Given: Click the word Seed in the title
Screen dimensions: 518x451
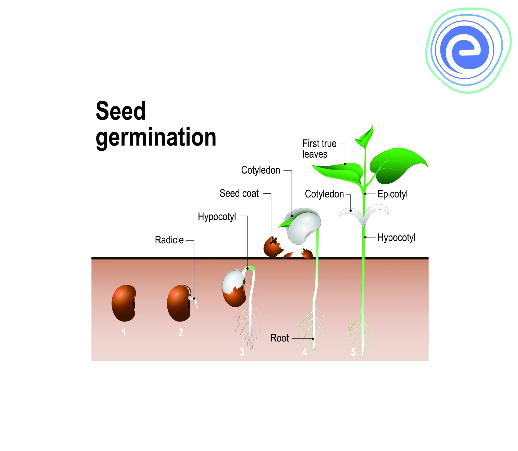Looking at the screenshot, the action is [121, 111].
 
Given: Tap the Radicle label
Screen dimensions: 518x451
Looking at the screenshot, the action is [169, 240].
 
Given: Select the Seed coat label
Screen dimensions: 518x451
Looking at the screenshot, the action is [239, 193].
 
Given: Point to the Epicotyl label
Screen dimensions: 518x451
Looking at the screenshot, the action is [392, 194].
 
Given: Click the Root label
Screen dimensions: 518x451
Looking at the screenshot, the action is [279, 338].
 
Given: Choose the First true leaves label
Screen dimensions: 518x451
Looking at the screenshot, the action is [319, 149].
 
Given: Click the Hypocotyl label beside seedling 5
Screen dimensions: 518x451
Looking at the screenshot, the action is [396, 238].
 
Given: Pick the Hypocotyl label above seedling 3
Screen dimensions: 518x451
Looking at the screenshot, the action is [217, 217].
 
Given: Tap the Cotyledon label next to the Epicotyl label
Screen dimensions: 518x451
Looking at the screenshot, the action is [324, 194].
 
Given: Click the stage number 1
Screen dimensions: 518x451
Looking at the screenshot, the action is [124, 332].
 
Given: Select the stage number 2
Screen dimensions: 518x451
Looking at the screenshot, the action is [181, 332].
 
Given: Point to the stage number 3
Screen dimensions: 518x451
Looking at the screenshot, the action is [242, 352].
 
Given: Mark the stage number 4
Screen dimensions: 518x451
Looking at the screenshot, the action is [304, 352].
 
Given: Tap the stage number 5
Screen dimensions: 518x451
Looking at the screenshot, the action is [353, 352].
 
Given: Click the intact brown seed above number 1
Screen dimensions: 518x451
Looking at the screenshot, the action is [124, 303].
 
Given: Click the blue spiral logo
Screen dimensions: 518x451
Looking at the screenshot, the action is [468, 50].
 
